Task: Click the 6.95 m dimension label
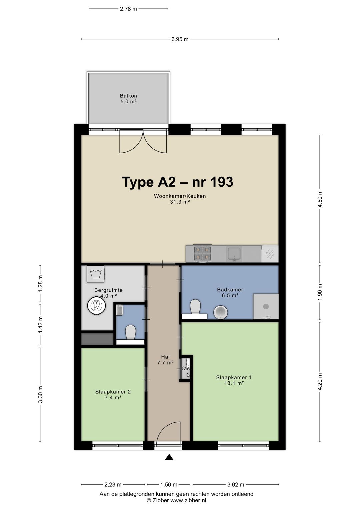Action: click(x=180, y=39)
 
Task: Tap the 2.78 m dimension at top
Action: click(x=128, y=9)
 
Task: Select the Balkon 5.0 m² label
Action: click(x=128, y=99)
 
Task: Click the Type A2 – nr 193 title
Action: click(x=177, y=182)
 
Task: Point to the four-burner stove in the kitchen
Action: click(x=202, y=253)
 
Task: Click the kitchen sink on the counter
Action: click(x=234, y=254)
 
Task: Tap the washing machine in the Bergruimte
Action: click(x=95, y=274)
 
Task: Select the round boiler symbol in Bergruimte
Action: click(x=97, y=306)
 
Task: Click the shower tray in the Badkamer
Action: click(x=266, y=307)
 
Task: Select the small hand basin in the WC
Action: click(x=120, y=310)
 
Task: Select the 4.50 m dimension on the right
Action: click(x=320, y=199)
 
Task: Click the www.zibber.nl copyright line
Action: click(x=176, y=500)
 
